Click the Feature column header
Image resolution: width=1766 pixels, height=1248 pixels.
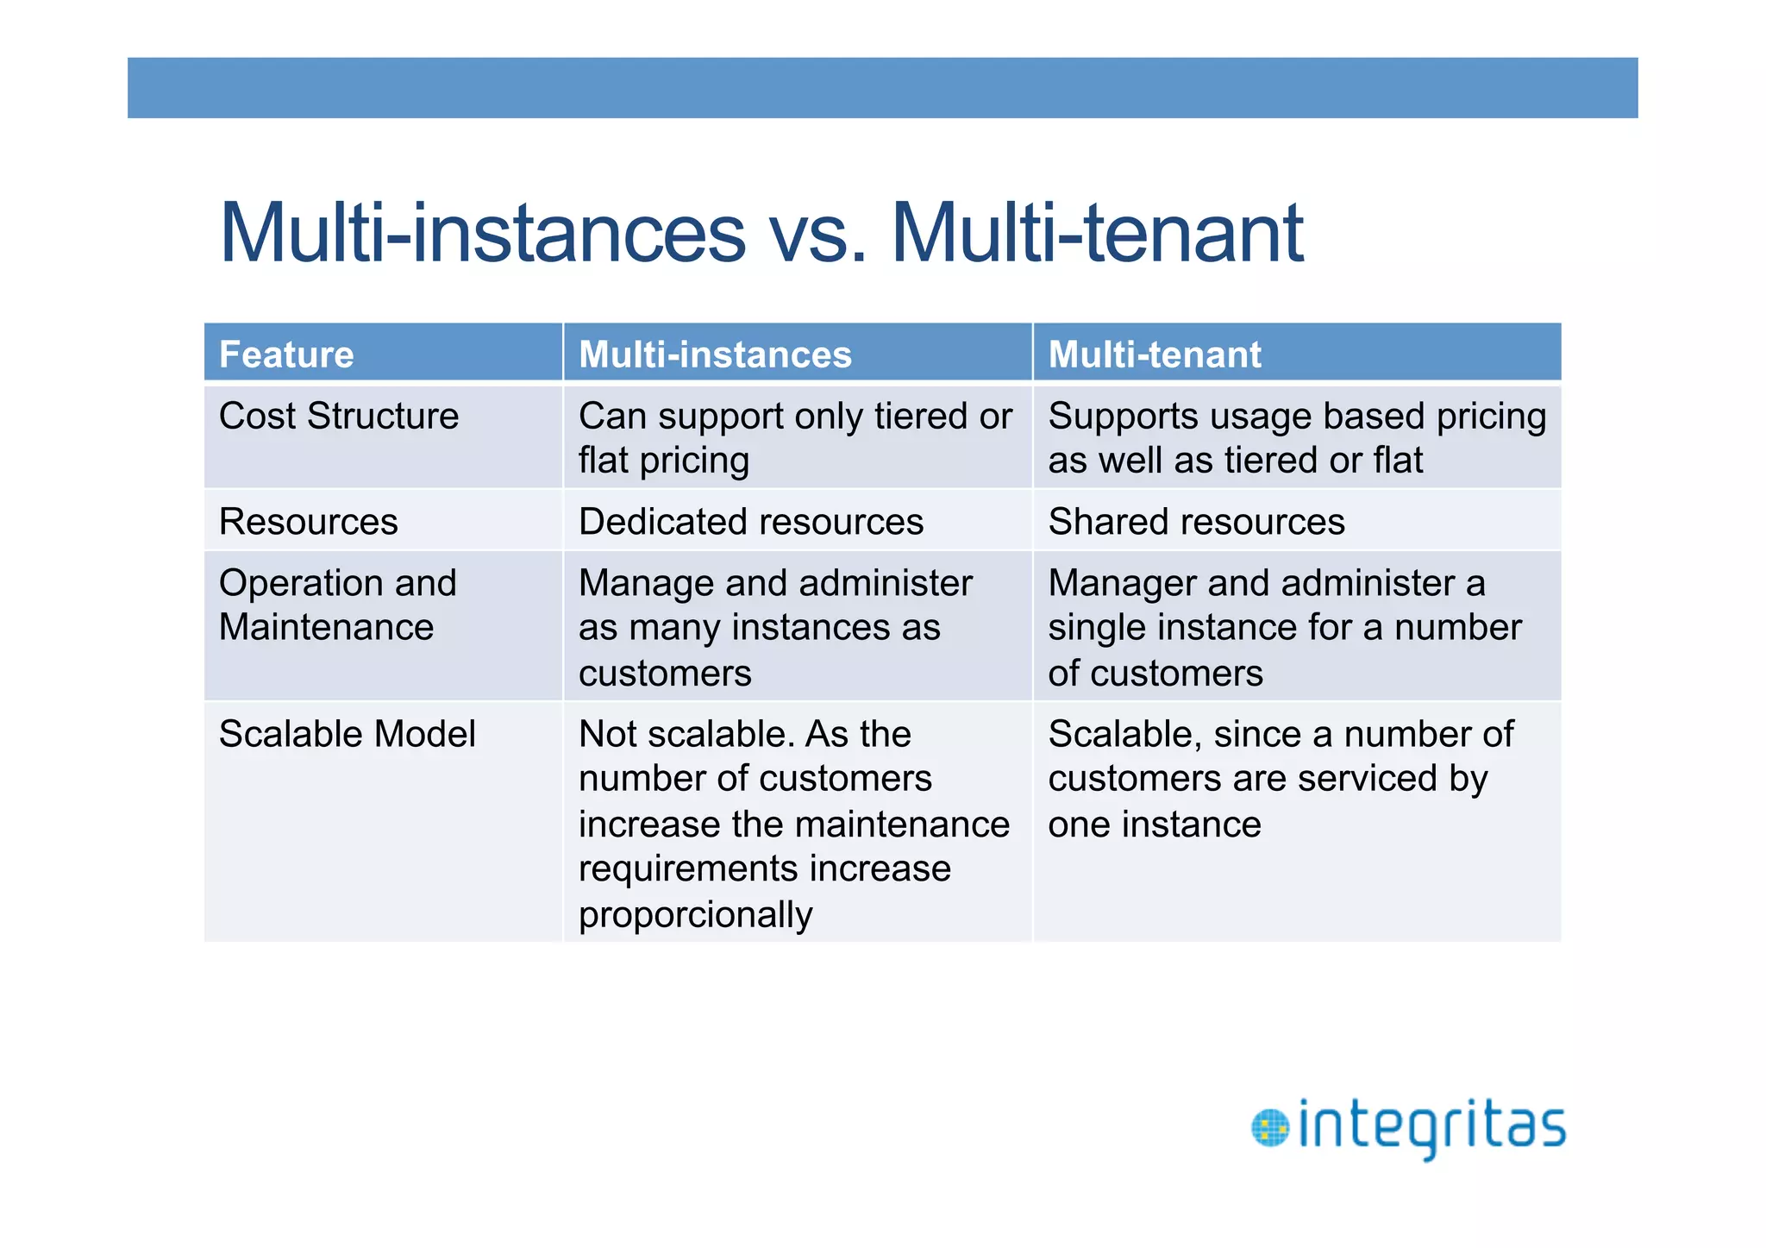(x=286, y=354)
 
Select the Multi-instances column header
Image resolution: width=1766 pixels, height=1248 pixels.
(x=715, y=354)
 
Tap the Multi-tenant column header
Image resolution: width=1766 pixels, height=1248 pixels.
(x=1154, y=354)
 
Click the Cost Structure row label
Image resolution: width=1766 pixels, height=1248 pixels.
(x=338, y=416)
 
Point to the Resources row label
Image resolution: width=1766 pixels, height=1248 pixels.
(x=308, y=522)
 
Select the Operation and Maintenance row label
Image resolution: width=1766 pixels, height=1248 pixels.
(x=337, y=605)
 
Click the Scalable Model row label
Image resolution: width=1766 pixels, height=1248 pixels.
(x=347, y=734)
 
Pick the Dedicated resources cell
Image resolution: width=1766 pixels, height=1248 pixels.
(x=750, y=522)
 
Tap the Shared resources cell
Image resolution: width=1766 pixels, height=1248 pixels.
(x=1196, y=522)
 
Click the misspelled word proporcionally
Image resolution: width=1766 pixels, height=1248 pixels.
(x=695, y=914)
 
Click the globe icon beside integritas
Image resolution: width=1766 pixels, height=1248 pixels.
(x=1269, y=1128)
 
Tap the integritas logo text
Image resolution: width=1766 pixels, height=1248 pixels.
(x=1431, y=1126)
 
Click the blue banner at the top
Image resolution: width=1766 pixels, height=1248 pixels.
(x=882, y=88)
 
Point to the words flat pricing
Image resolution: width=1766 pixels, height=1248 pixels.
(x=663, y=461)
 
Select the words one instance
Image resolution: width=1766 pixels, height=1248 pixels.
(x=1154, y=825)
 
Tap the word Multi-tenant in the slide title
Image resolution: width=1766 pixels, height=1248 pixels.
(x=1097, y=233)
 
